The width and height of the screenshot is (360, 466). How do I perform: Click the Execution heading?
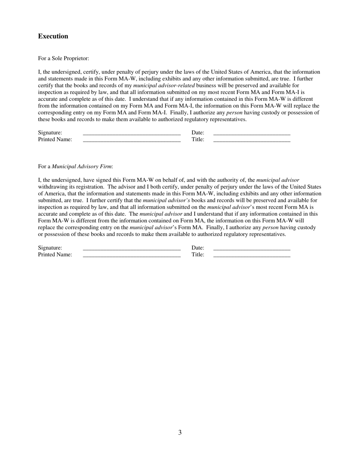(53, 36)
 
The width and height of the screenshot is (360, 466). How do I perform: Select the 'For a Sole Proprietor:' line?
(63, 58)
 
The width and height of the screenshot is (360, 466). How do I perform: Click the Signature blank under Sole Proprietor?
(131, 133)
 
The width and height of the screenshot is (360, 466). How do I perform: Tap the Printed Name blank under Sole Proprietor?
(131, 139)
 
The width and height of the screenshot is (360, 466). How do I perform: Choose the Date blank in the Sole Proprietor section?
(252, 133)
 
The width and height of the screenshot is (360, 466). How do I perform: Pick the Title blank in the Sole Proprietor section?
(252, 139)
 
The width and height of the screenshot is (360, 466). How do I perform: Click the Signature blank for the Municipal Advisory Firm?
(131, 248)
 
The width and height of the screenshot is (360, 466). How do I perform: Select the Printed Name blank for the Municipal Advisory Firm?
(131, 255)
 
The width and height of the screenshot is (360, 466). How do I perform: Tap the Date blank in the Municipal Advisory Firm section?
(252, 248)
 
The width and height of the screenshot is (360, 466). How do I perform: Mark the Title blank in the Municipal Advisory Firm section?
(252, 255)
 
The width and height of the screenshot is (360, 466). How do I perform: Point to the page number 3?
(180, 432)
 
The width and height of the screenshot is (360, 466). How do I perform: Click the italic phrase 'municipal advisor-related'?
(164, 86)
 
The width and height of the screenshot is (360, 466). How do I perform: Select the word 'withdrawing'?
(53, 187)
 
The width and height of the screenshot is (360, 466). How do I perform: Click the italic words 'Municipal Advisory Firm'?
(81, 167)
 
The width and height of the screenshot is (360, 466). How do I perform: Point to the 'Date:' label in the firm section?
(198, 248)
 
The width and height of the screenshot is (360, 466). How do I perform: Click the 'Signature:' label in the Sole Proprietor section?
(50, 133)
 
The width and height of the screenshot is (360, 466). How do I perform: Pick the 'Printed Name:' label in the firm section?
(55, 255)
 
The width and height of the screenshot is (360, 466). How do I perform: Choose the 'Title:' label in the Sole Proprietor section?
(198, 139)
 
